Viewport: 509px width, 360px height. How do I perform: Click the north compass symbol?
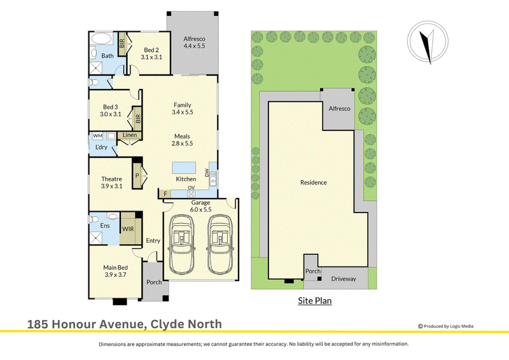point(428,41)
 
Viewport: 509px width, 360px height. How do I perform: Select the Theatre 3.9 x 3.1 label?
point(112,183)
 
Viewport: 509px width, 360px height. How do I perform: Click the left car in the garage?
point(182,244)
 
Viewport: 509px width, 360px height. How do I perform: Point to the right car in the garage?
point(220,244)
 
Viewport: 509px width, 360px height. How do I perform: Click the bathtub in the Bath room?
point(101,39)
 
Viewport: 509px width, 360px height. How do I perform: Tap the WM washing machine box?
point(97,135)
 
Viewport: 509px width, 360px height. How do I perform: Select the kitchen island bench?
point(184,168)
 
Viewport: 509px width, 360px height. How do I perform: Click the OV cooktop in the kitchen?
point(192,194)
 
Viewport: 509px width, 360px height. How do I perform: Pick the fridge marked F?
point(165,194)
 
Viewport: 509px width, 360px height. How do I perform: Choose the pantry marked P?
point(137,176)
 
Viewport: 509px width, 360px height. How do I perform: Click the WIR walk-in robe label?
point(128,229)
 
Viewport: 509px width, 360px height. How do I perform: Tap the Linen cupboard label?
point(130,135)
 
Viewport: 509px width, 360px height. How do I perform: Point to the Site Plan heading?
point(315,301)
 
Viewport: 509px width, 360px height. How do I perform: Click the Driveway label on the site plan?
point(344,279)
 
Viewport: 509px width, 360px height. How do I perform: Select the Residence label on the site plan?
point(313,183)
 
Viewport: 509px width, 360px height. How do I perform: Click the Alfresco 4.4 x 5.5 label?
point(194,42)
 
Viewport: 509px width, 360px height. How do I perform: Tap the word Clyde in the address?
point(169,324)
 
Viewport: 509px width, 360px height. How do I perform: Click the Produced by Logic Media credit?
point(446,326)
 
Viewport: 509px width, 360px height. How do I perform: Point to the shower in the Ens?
point(97,238)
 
